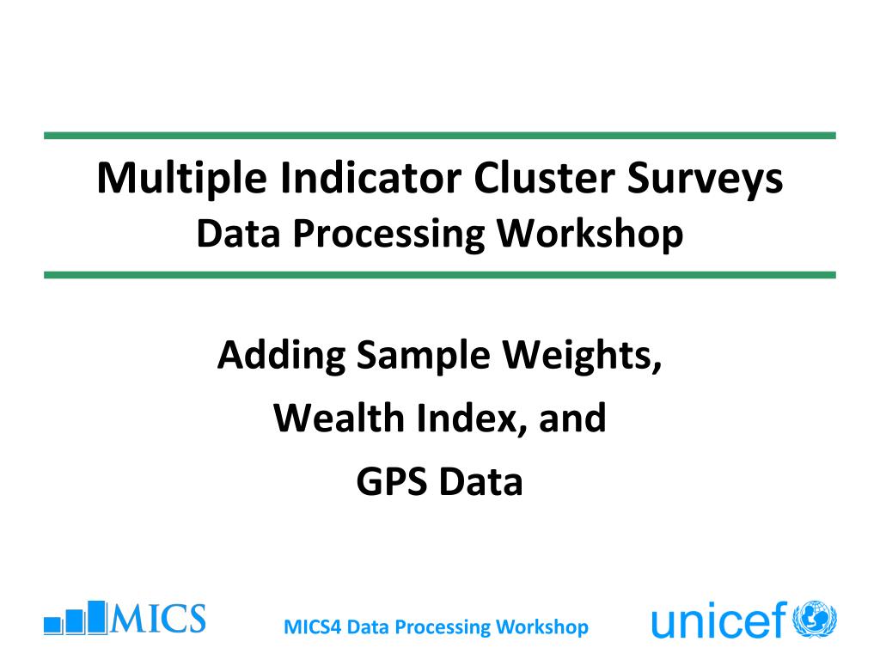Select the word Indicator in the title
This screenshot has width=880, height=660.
tap(370, 178)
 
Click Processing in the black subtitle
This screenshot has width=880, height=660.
tap(389, 234)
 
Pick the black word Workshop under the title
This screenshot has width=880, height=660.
tap(590, 234)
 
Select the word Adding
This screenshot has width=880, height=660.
tap(281, 357)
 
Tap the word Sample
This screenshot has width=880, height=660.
tap(424, 357)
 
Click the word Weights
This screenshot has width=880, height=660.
tap(582, 357)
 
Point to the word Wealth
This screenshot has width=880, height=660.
tap(339, 419)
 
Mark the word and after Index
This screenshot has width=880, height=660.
tap(572, 419)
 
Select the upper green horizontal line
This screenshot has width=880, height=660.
tap(440, 136)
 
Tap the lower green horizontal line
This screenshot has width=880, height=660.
tap(440, 275)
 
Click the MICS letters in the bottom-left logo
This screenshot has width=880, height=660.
tap(158, 619)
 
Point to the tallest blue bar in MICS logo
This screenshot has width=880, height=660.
tap(97, 617)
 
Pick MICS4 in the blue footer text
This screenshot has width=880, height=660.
tap(313, 626)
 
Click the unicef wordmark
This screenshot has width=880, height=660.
tap(719, 620)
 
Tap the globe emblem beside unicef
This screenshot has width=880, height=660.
tap(815, 620)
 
